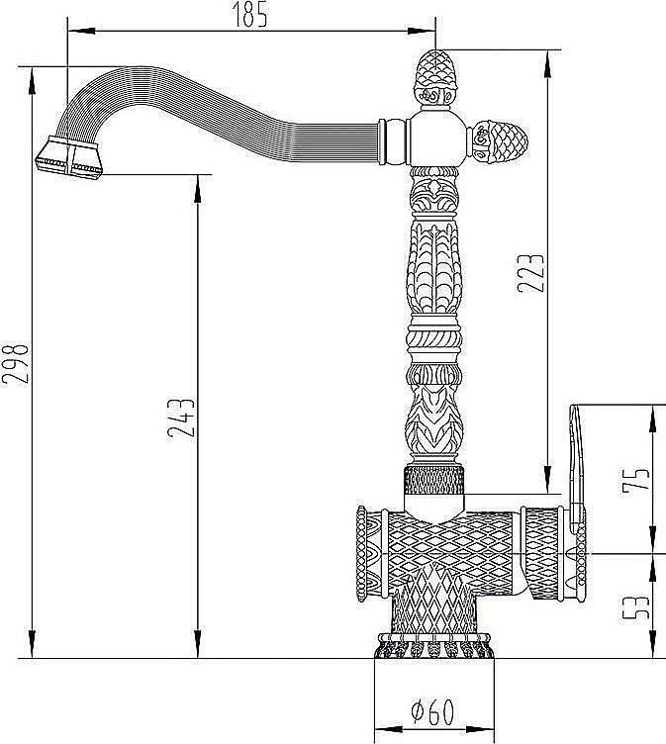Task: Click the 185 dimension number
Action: pos(249,15)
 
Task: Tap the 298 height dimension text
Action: pos(15,362)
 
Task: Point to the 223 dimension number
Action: pos(530,273)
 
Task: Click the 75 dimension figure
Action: pos(635,479)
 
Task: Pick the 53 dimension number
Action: pos(635,607)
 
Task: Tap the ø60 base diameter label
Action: pos(432,711)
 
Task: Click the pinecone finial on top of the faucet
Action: pos(434,78)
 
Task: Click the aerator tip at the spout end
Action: pos(69,157)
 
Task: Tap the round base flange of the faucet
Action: pos(434,645)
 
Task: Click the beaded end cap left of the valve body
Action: pos(362,554)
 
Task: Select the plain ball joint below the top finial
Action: pos(435,139)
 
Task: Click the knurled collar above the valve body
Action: pos(433,481)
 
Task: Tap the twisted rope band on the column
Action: pos(434,339)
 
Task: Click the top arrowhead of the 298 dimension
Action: pos(32,80)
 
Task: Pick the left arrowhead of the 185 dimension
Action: pos(81,32)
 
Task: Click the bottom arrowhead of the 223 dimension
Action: pos(548,480)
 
